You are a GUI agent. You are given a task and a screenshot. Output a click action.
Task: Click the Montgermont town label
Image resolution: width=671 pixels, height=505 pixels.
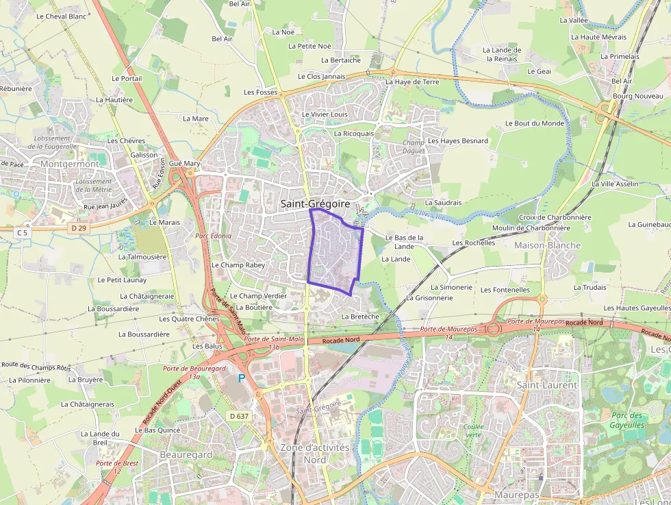[69, 164]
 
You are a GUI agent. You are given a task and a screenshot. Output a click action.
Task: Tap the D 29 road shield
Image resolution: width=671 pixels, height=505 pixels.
[79, 227]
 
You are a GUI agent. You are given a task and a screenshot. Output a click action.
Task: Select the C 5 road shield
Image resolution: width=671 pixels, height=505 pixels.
[22, 233]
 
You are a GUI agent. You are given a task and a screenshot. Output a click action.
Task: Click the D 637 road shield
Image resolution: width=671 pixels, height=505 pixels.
[239, 416]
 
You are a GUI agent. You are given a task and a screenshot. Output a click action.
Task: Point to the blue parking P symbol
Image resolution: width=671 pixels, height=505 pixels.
[241, 378]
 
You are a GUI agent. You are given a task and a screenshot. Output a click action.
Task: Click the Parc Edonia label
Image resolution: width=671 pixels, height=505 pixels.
[213, 236]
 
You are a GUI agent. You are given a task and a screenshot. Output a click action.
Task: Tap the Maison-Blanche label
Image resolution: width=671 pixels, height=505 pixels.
[547, 245]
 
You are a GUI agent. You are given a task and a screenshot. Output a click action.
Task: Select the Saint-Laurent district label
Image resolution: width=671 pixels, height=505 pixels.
[546, 385]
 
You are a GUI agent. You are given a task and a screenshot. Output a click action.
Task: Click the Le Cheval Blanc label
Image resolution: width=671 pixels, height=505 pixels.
[62, 16]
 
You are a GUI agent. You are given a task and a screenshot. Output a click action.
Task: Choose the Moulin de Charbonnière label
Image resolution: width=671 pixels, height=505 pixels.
[531, 228]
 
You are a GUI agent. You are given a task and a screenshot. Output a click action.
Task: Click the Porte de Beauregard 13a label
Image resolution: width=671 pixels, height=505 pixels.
[185, 372]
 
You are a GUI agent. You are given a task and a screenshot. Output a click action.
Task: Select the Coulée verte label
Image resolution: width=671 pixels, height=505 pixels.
[473, 430]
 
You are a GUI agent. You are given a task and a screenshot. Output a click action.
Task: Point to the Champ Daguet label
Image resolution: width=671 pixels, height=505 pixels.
[414, 147]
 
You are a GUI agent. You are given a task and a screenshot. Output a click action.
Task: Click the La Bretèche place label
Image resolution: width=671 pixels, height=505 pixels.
[360, 317]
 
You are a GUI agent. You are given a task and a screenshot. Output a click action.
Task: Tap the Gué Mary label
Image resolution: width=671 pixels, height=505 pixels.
[184, 164]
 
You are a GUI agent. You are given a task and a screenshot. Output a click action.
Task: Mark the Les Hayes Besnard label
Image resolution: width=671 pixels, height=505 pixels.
[458, 141]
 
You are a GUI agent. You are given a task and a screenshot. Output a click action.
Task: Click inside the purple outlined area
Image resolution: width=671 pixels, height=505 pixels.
[334, 252]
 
